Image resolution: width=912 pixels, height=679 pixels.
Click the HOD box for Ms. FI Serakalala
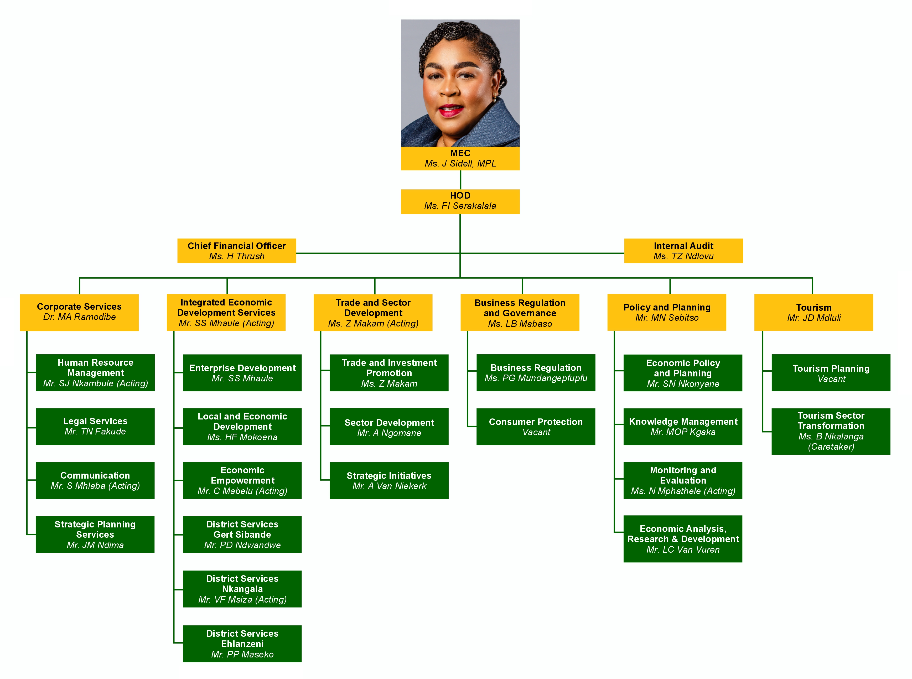click(x=460, y=201)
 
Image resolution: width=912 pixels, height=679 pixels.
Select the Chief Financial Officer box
click(x=236, y=251)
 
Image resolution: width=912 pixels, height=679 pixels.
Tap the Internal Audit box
click(x=683, y=251)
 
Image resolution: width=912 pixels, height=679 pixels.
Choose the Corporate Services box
click(x=79, y=312)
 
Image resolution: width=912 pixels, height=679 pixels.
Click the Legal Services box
click(x=95, y=426)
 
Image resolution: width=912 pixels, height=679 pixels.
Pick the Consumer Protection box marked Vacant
click(x=536, y=427)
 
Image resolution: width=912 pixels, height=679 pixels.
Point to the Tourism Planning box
click(x=831, y=373)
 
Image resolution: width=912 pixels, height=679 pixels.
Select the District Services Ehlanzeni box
click(x=242, y=643)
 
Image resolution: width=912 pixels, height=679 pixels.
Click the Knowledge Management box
click(x=683, y=427)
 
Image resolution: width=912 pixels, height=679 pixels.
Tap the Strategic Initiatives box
click(x=389, y=480)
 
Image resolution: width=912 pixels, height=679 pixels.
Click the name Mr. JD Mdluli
click(x=814, y=318)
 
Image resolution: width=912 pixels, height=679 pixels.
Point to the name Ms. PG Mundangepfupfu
click(x=536, y=378)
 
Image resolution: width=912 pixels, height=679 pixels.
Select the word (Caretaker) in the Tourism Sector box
click(x=831, y=447)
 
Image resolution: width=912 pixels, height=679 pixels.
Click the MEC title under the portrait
click(x=460, y=153)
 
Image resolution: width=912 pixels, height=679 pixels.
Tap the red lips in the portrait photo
click(x=451, y=110)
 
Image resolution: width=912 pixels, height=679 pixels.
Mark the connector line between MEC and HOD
click(x=460, y=180)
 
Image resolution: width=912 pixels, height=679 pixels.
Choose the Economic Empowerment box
click(x=242, y=480)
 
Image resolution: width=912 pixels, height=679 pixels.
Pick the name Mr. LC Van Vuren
click(x=683, y=550)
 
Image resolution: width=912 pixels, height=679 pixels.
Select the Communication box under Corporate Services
click(x=95, y=480)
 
